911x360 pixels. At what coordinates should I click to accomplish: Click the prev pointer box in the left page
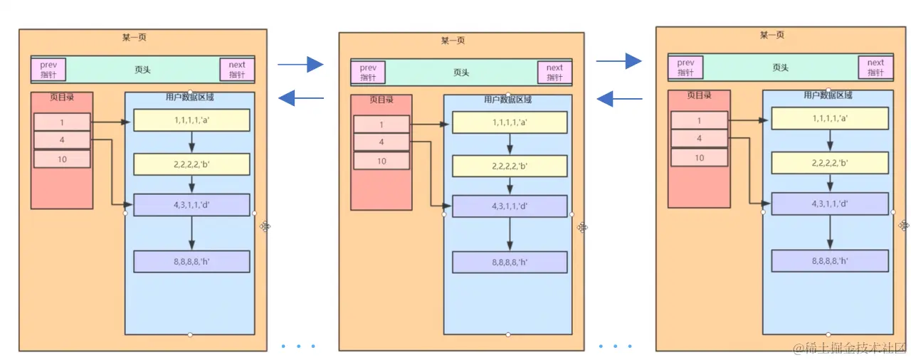48,70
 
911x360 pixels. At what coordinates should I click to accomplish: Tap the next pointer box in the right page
875,68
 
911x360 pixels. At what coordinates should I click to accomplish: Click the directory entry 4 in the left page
62,140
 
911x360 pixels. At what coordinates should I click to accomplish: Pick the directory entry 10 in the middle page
381,162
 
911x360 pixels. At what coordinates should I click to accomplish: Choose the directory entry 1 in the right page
699,121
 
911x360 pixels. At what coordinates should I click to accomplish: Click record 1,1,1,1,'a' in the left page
191,120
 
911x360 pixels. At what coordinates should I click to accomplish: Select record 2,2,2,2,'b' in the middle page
510,166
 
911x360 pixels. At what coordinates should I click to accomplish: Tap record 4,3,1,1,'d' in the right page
830,203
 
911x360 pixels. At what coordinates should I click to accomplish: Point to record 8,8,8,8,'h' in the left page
191,261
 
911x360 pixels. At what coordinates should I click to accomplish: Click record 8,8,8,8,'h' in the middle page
510,262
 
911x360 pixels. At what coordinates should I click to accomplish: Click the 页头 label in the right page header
781,68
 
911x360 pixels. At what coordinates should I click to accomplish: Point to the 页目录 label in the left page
62,97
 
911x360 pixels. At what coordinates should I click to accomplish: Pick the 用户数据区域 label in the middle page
507,100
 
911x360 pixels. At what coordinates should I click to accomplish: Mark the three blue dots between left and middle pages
298,346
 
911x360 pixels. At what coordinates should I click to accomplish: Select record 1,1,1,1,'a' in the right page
830,118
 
